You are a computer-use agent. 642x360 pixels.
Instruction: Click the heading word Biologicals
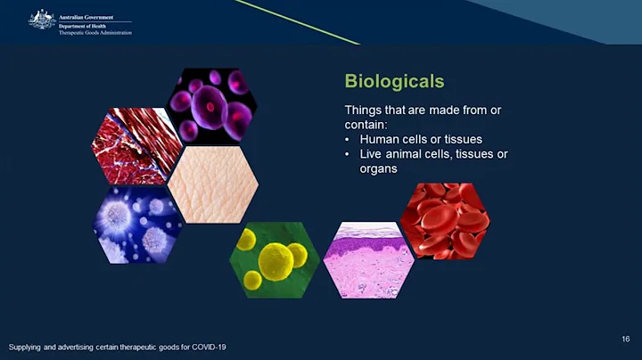[394, 82]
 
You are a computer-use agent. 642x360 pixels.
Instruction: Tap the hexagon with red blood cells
[443, 220]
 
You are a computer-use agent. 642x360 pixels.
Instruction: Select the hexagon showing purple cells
[212, 105]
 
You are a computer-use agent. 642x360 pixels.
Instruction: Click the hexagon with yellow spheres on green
[274, 260]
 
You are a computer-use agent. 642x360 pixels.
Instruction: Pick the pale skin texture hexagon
[213, 184]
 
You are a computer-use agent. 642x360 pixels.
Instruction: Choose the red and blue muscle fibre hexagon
[136, 145]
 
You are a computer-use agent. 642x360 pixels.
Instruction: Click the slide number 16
[625, 339]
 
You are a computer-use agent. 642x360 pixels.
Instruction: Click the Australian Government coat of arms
[41, 19]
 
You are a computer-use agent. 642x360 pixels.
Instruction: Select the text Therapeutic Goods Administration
[96, 32]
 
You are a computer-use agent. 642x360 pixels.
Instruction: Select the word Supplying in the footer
[26, 347]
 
